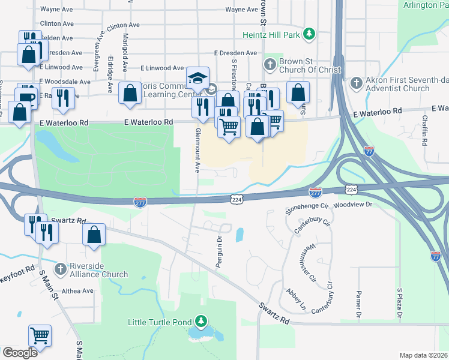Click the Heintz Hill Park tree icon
click(309, 35)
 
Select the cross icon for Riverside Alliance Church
click(59, 268)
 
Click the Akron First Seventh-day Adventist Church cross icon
click(357, 82)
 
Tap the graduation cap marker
click(197, 78)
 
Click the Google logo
click(20, 352)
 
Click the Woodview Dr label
click(354, 205)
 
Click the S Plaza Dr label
click(399, 302)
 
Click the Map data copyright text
click(423, 355)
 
